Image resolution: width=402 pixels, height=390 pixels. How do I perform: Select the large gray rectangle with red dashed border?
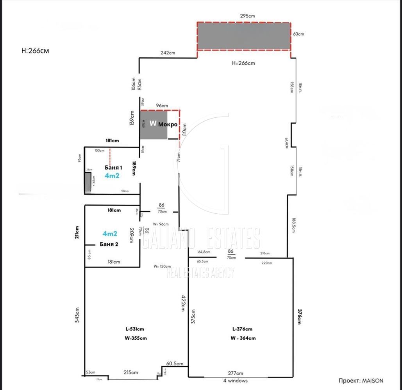(x=243, y=36)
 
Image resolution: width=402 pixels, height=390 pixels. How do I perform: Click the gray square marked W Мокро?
(x=154, y=125)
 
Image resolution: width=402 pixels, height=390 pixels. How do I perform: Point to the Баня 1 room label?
(x=114, y=167)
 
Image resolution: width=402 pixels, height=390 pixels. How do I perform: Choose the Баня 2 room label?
(x=109, y=244)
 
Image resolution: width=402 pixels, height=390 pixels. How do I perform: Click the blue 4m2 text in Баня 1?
(x=112, y=175)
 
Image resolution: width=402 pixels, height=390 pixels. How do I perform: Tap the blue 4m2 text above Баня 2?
(x=110, y=234)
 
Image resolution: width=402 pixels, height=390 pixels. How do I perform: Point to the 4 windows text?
(x=236, y=381)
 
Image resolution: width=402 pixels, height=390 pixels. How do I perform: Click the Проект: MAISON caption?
(x=361, y=381)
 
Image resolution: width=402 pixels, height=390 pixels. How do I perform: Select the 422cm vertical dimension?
(x=182, y=303)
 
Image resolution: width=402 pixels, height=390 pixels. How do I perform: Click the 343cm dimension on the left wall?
(x=77, y=315)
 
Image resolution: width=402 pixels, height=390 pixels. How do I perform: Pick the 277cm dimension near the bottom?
(x=236, y=373)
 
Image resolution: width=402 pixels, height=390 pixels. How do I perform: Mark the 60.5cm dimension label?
(x=175, y=363)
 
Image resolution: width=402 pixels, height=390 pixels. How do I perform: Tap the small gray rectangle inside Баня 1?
(x=88, y=183)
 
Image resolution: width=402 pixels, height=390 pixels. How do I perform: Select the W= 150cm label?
(x=162, y=266)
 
